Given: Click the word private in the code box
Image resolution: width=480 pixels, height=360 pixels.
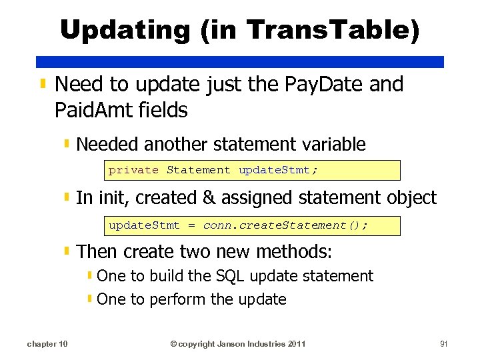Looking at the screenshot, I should pyautogui.click(x=133, y=170).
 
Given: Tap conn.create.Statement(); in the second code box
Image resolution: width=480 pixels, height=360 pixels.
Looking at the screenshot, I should pyautogui.click(x=285, y=225).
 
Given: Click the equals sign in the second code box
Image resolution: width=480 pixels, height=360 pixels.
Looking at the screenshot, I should pyautogui.click(x=191, y=225).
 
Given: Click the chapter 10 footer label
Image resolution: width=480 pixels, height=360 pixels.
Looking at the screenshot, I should pyautogui.click(x=47, y=344).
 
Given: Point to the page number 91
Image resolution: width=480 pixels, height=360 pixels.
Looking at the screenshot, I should pyautogui.click(x=443, y=344).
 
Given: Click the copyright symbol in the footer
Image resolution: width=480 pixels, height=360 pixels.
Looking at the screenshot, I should pyautogui.click(x=173, y=344).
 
